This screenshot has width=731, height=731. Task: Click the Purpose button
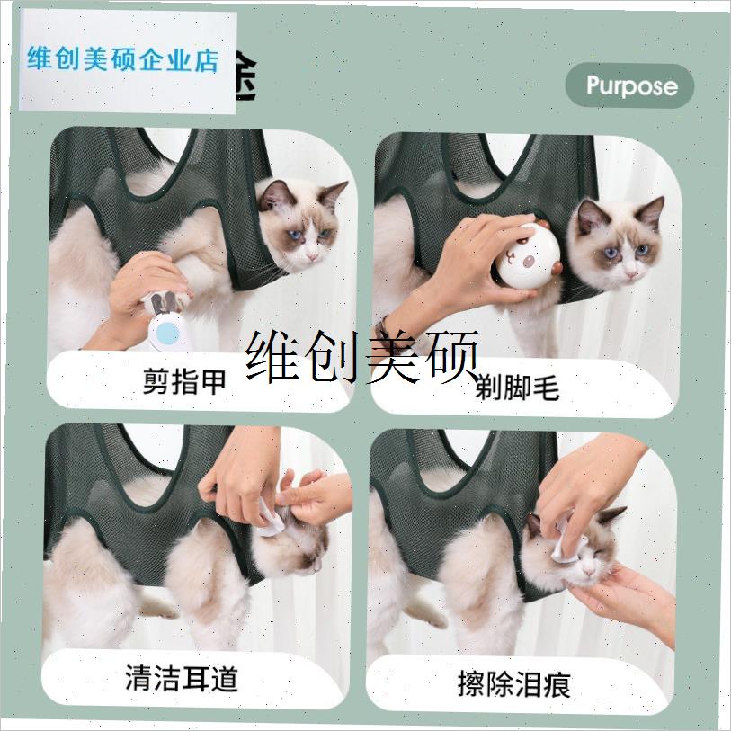point(630,86)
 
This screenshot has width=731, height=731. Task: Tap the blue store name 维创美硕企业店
point(124,61)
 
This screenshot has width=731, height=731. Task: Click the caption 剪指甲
point(183,381)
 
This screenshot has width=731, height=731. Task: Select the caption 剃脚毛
point(518,387)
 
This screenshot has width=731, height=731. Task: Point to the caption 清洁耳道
point(182,677)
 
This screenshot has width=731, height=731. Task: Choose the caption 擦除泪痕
point(513,682)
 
